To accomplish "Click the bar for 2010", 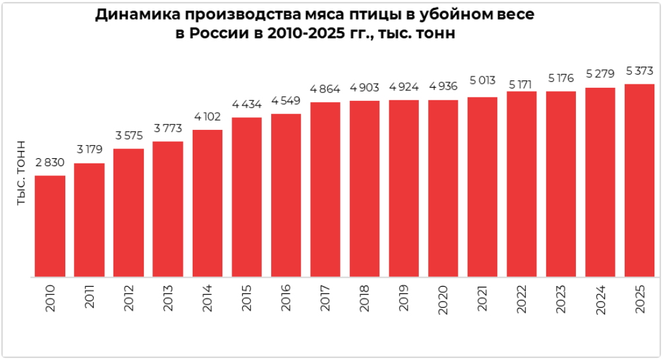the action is click(x=50, y=226).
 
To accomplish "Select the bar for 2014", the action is click(x=208, y=203).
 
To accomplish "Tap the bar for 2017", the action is click(x=325, y=190).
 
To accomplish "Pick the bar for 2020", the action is click(x=443, y=189).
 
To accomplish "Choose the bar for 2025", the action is click(x=640, y=181).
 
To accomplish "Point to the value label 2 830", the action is click(x=50, y=163).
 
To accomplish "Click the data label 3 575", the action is click(x=129, y=136).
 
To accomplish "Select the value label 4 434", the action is click(x=247, y=104).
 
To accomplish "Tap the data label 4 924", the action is click(x=404, y=87).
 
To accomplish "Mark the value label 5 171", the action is click(x=520, y=85).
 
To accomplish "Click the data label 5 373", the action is click(x=640, y=71).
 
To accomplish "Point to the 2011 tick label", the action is click(x=89, y=297).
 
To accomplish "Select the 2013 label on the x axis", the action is click(x=168, y=298).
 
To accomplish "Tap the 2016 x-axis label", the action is click(x=286, y=298).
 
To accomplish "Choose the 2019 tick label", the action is click(x=404, y=298).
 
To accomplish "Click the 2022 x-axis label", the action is click(x=522, y=299).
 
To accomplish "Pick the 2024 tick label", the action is click(x=600, y=300).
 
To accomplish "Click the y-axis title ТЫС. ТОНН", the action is click(x=21, y=173).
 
